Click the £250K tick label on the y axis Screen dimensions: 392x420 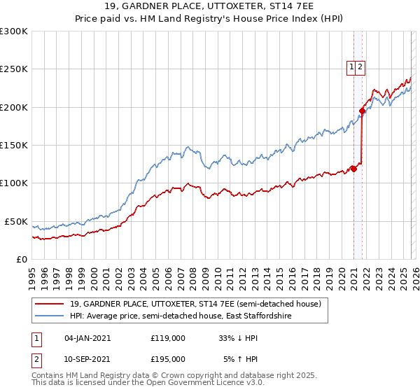[x=14, y=69]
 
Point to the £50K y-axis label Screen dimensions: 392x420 [x=16, y=221]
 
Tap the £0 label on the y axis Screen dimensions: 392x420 [x=21, y=259]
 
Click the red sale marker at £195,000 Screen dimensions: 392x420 [x=362, y=111]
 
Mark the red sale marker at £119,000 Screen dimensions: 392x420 [x=353, y=169]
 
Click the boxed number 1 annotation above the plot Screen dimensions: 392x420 [x=351, y=67]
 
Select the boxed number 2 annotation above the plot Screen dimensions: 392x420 [x=360, y=67]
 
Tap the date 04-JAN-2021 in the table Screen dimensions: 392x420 [x=87, y=337]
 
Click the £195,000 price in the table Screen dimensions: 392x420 [x=168, y=360]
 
